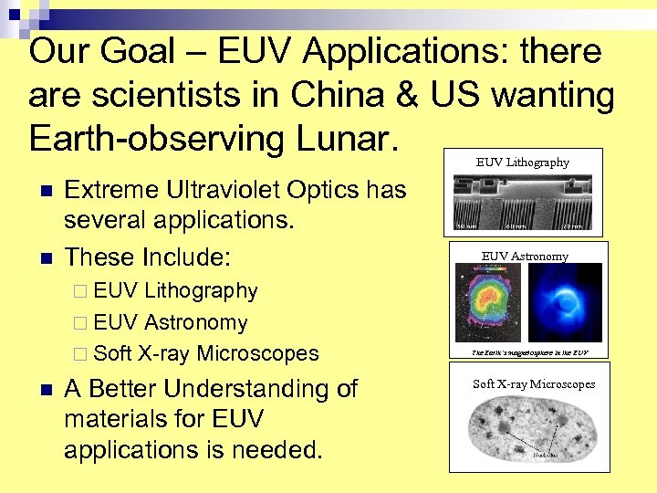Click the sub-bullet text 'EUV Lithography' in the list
coord(175,291)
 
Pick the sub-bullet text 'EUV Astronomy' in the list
coord(170,322)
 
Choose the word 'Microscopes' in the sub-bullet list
coord(258,353)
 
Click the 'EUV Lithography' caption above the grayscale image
coord(522,163)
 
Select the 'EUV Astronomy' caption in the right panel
coord(525,257)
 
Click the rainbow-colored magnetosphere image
coord(492,304)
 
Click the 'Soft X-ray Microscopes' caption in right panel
coord(533,384)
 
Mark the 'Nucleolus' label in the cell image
coord(548,454)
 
